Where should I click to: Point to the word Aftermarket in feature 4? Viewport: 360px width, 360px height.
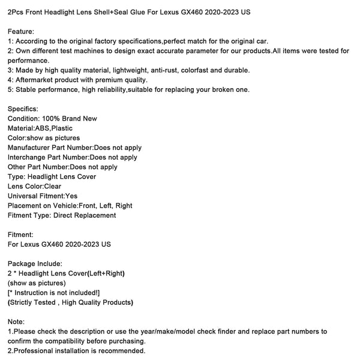pos(35,80)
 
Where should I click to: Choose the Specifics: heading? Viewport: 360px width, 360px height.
pos(23,109)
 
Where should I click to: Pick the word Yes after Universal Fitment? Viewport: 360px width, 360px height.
pos(71,196)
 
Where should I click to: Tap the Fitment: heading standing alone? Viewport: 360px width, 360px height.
pos(21,235)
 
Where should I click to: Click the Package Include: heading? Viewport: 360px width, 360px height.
pos(35,263)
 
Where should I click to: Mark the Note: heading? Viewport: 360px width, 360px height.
pos(17,322)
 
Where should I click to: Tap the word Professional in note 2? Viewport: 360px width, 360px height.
pos(34,350)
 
